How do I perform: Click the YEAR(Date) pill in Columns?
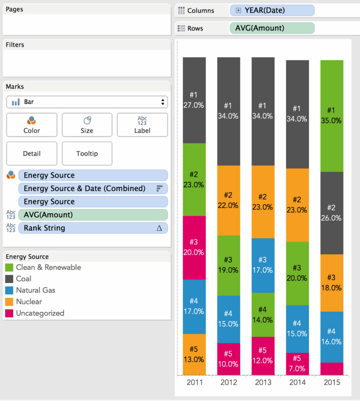272,10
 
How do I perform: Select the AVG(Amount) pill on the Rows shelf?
272,28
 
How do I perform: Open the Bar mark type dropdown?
87,102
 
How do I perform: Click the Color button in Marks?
32,125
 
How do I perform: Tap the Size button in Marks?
87,125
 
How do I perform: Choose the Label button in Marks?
142,125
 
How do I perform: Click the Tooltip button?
87,154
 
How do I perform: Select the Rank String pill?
93,228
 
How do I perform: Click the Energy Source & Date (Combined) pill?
93,188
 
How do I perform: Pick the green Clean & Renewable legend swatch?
9,267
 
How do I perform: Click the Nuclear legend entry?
29,302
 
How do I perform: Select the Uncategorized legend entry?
40,313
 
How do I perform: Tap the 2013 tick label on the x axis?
263,383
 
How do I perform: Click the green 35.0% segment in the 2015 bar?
332,115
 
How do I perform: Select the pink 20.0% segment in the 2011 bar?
195,247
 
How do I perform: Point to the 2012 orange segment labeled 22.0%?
228,200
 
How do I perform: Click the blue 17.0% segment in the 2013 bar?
263,265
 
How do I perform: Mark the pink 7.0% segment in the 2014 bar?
298,364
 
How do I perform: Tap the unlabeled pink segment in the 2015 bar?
332,369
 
